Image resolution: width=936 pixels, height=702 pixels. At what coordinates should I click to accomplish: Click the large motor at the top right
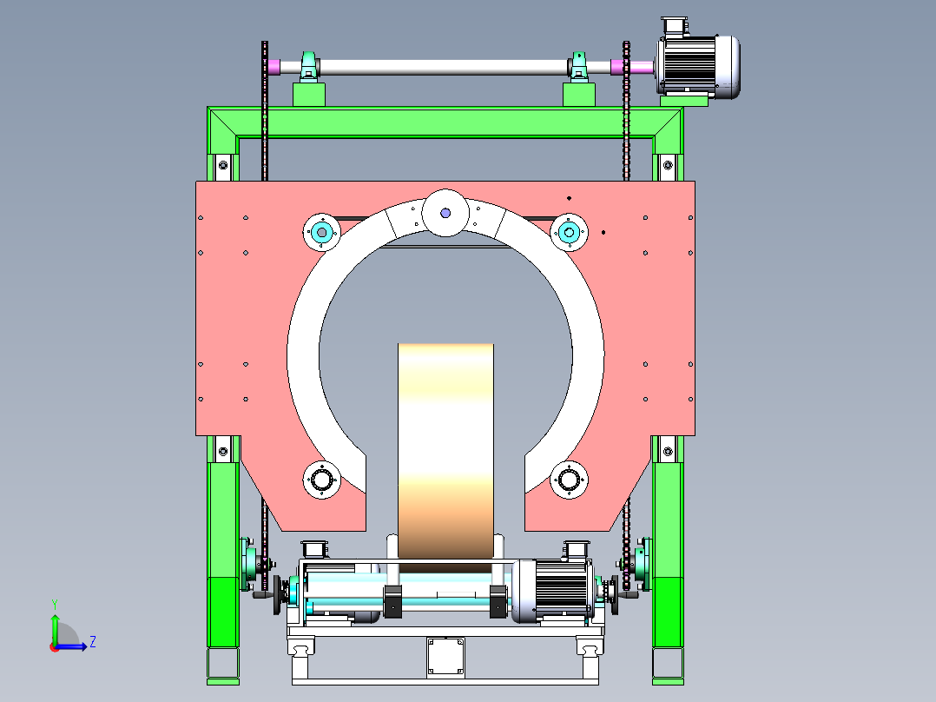tap(698, 66)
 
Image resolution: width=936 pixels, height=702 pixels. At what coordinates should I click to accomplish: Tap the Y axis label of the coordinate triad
tap(55, 604)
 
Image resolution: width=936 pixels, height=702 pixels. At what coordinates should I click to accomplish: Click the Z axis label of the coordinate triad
tap(93, 642)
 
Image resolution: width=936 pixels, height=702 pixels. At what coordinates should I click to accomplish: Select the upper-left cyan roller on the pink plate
tap(322, 232)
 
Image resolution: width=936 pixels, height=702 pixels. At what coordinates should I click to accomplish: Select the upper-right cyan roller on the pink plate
tap(569, 232)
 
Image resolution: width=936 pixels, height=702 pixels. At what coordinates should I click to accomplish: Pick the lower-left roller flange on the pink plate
tap(322, 480)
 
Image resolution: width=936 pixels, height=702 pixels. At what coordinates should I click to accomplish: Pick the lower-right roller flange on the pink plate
tap(569, 480)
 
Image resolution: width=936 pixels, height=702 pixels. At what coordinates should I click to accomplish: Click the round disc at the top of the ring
tap(445, 213)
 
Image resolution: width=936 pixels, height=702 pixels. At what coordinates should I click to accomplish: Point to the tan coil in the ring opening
tap(446, 451)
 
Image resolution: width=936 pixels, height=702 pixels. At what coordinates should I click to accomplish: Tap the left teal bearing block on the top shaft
tap(308, 66)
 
